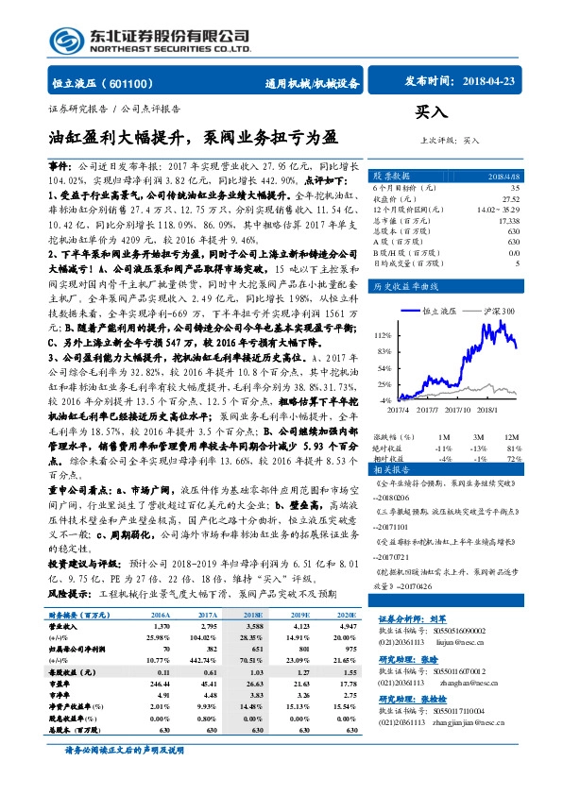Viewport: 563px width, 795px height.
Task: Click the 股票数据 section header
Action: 390,176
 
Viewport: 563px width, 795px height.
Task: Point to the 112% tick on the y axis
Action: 382,334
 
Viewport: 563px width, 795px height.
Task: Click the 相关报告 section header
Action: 390,469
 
